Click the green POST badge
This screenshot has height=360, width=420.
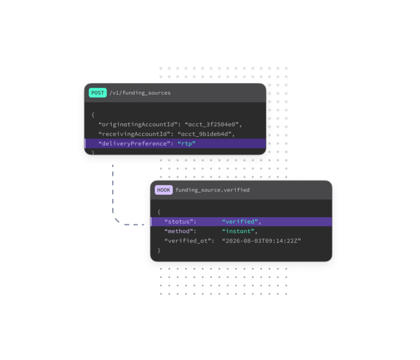click(x=97, y=93)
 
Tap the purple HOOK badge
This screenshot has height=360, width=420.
click(x=164, y=190)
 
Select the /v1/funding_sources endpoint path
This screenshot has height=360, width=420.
click(x=140, y=93)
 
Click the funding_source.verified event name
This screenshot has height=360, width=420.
click(x=213, y=190)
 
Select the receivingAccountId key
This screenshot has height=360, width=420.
click(x=135, y=134)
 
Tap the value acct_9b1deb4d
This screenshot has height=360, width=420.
click(x=205, y=134)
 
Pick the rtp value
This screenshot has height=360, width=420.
click(x=186, y=144)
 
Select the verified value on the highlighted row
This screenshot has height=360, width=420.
click(x=240, y=222)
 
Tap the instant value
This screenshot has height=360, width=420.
click(x=238, y=231)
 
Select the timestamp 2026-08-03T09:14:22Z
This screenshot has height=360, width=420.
click(x=261, y=241)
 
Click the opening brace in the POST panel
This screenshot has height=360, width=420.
click(x=93, y=115)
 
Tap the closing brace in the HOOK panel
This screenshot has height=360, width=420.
click(x=159, y=251)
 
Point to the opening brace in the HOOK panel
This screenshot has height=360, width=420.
click(x=159, y=212)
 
